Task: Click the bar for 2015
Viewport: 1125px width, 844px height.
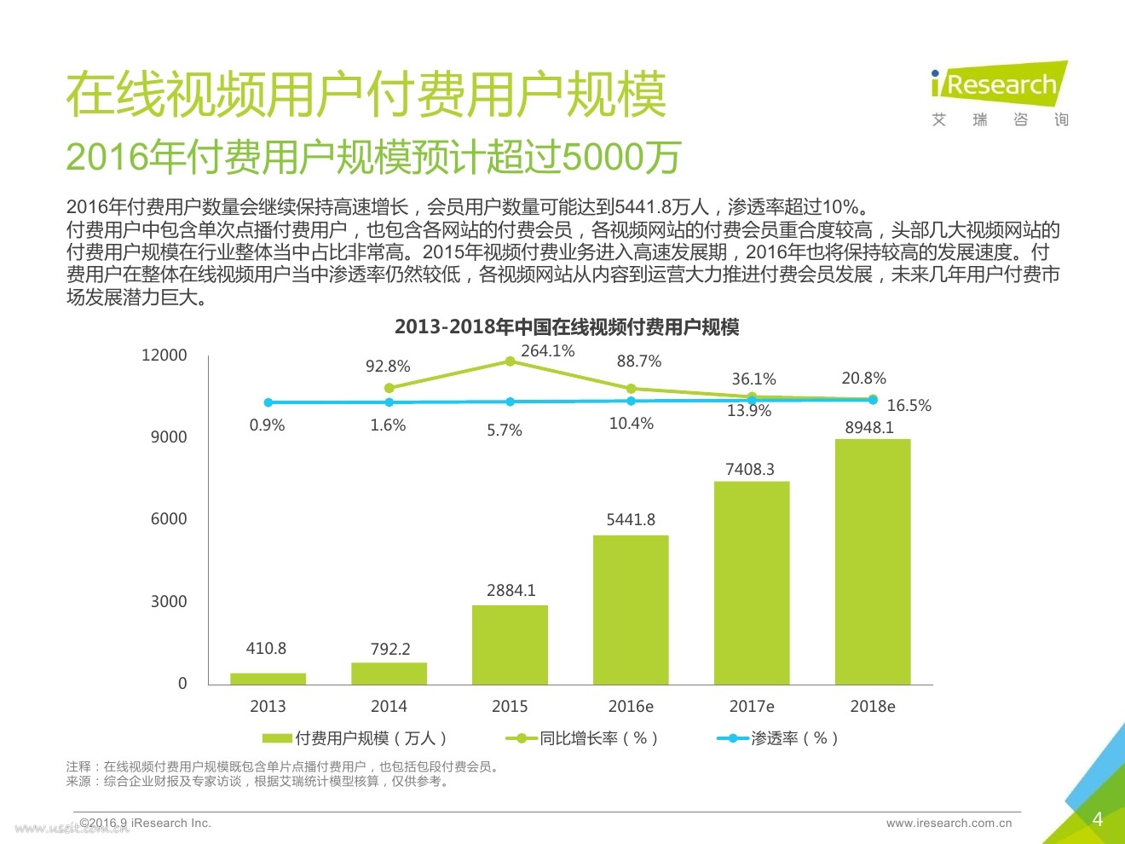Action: [510, 645]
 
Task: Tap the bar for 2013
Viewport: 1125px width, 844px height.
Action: [268, 679]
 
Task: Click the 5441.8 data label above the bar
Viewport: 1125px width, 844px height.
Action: [631, 519]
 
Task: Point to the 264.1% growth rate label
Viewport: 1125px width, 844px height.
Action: [548, 351]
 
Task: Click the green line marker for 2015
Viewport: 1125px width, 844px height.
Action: [511, 361]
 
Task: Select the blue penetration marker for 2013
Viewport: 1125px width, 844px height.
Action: [268, 402]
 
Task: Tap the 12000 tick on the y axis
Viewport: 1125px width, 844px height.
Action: [164, 356]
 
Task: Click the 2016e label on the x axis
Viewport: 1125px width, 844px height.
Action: [631, 706]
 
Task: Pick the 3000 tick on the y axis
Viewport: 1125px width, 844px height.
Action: [168, 601]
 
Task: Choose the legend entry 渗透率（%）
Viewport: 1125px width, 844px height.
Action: [779, 738]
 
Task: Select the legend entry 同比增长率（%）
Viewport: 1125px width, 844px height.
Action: [583, 738]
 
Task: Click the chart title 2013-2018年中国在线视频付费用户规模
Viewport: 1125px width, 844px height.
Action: [567, 327]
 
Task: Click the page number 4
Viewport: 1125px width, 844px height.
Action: [1098, 819]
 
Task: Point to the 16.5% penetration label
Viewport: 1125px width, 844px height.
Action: [909, 406]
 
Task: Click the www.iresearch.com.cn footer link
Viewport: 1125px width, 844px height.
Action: [949, 824]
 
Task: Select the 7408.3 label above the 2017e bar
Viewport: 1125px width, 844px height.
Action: [750, 469]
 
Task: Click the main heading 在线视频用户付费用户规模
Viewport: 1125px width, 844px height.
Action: [366, 95]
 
